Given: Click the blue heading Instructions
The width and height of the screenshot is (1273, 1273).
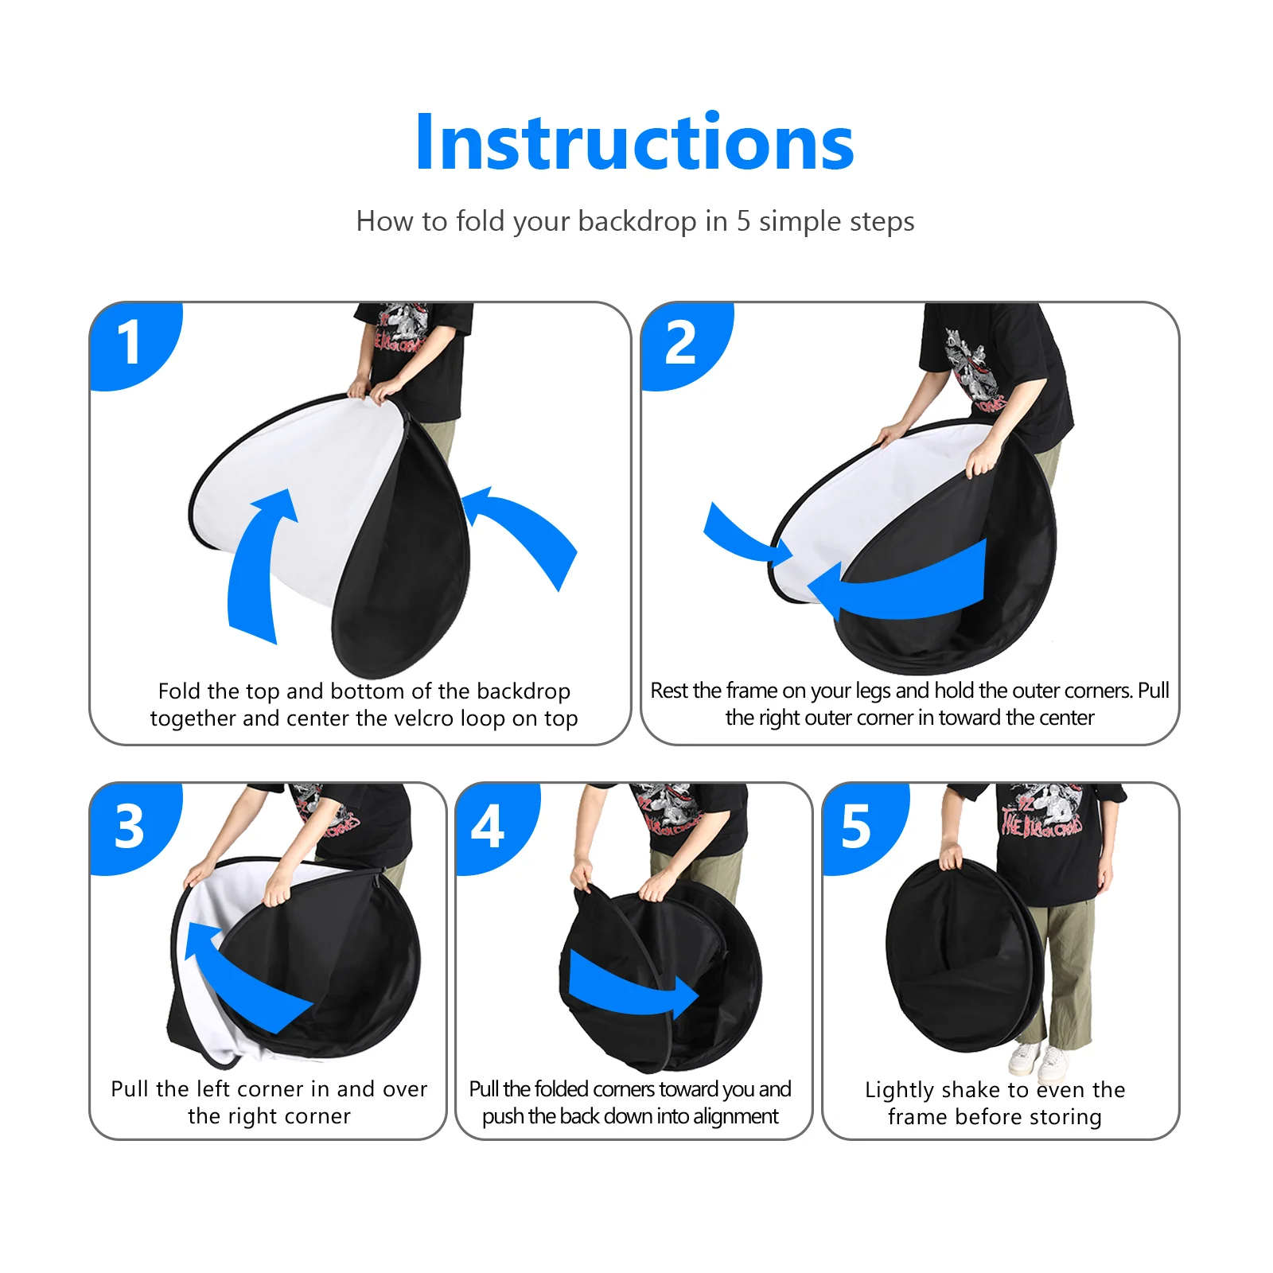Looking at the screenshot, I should click(634, 143).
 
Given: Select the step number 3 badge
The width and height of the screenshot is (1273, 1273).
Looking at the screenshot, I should click(129, 827).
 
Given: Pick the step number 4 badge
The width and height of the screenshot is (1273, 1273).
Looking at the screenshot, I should click(488, 827).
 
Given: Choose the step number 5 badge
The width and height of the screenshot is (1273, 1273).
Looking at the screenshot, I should click(856, 827).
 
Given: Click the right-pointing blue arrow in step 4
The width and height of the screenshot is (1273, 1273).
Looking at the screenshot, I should click(629, 987).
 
